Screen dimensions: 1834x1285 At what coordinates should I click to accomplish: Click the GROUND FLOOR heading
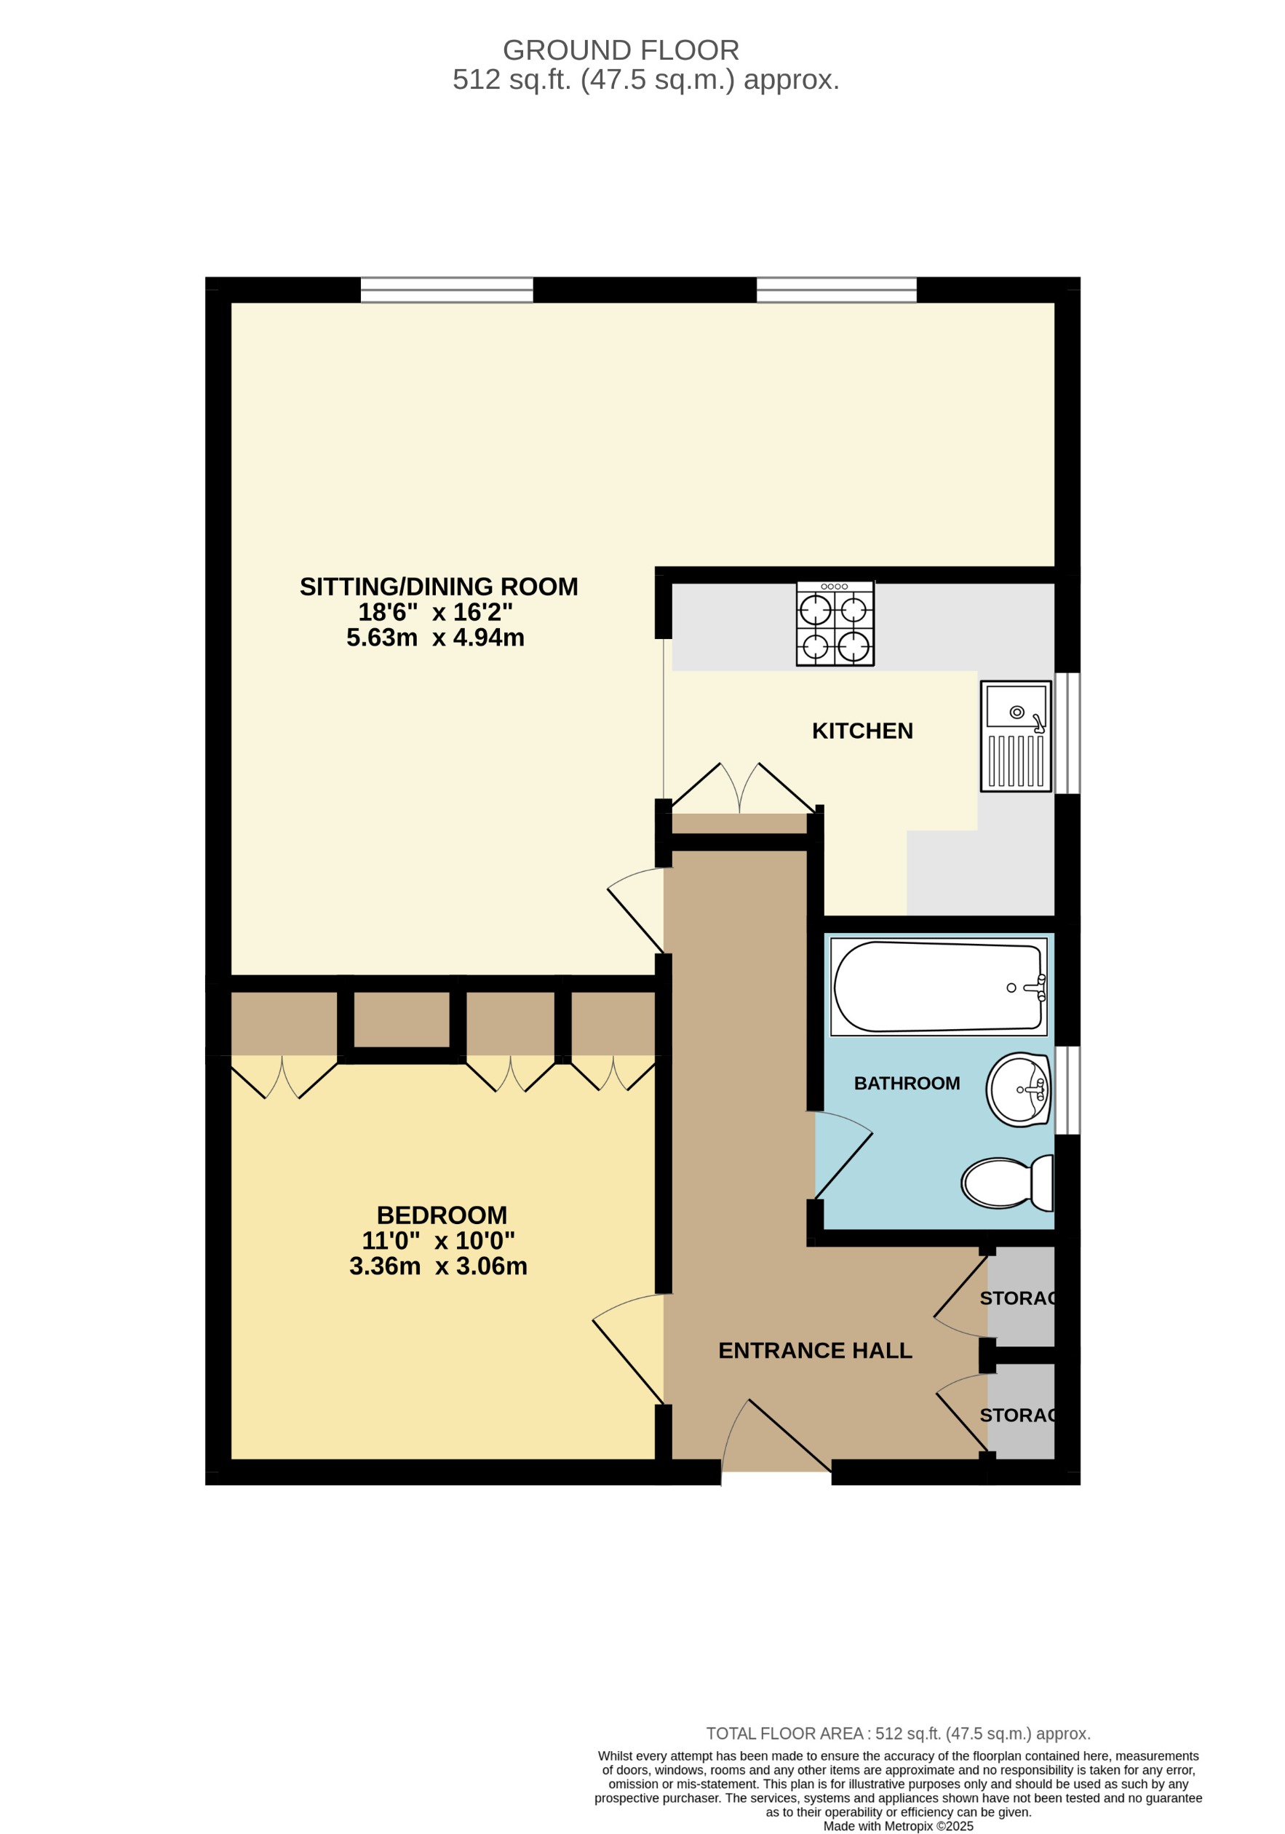(620, 50)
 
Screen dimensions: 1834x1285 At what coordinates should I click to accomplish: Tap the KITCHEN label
(862, 731)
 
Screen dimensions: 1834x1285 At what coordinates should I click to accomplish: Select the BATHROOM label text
(907, 1083)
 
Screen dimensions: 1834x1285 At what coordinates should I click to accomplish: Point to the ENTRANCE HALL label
(815, 1350)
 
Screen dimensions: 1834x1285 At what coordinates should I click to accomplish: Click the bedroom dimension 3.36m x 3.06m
(437, 1266)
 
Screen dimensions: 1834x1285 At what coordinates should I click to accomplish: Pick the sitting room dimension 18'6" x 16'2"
(434, 612)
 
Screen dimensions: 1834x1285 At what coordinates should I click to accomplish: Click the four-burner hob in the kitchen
(835, 624)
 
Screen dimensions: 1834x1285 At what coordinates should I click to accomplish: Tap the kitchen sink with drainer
(1015, 737)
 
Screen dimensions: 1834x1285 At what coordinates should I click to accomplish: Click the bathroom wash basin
(1018, 1089)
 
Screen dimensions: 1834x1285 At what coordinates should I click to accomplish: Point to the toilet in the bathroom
(1006, 1183)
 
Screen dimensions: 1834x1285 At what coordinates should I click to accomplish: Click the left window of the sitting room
(447, 290)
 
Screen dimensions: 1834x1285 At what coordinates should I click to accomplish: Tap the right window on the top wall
(836, 290)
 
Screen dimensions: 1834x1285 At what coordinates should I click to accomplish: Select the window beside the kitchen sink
(1067, 734)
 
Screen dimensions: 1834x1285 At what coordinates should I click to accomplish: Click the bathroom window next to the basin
(1067, 1089)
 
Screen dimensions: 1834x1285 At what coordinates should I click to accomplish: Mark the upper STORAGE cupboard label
(1018, 1298)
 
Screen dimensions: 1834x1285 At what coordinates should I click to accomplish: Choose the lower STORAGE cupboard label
(1018, 1416)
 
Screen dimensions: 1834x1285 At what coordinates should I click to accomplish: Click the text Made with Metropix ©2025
(898, 1826)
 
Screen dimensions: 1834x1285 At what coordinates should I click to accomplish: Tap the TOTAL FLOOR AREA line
(898, 1734)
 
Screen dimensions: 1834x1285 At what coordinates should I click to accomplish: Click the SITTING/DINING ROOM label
(439, 587)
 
